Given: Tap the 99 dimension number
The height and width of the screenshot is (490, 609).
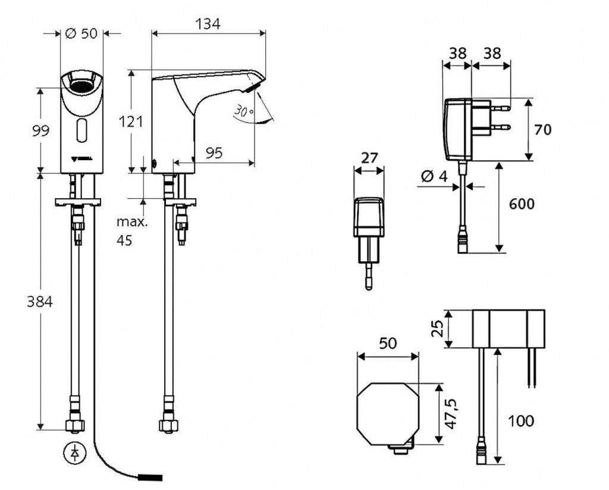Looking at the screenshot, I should click(40, 130).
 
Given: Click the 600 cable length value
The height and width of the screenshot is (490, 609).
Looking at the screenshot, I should click(522, 204).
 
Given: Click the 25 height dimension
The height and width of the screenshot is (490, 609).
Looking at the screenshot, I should click(437, 328).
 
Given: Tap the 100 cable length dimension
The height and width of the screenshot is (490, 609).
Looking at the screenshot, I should click(521, 421).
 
